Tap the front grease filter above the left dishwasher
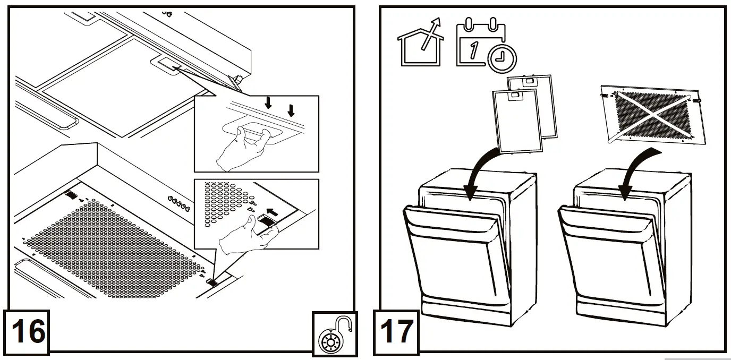pos(516,119)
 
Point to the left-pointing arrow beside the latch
pos(272,212)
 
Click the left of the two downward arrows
pos(269,102)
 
